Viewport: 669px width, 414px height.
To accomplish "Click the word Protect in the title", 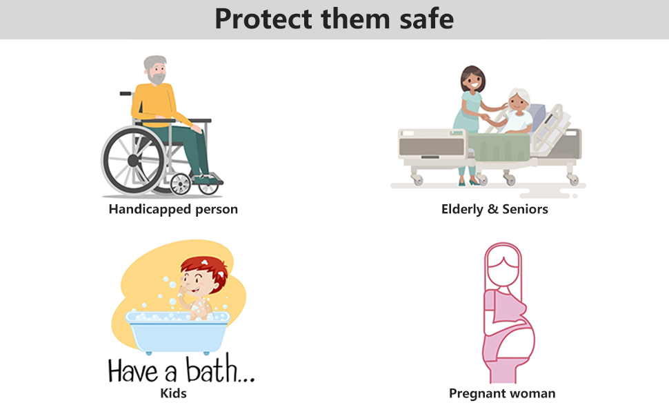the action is point(263,19).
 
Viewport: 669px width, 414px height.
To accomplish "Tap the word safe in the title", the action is point(426,19).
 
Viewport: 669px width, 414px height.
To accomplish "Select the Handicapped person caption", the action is point(173,209).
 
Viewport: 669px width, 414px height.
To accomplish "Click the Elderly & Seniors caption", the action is point(495,209).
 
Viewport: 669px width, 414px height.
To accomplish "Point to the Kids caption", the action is point(173,393).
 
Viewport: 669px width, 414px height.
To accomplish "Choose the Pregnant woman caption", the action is point(502,393).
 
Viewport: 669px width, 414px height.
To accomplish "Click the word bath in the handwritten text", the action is point(211,368).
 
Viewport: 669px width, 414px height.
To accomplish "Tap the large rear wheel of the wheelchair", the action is point(134,160).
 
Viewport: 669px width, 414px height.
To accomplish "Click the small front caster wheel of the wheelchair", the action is point(181,184).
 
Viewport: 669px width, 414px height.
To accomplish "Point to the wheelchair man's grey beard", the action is point(157,79).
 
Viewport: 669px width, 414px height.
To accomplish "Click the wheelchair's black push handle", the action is point(126,93).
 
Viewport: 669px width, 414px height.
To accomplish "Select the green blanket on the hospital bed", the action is point(499,146).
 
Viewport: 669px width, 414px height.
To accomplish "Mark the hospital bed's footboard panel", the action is point(431,145).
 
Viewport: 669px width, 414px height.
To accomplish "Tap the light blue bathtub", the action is point(177,332).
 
